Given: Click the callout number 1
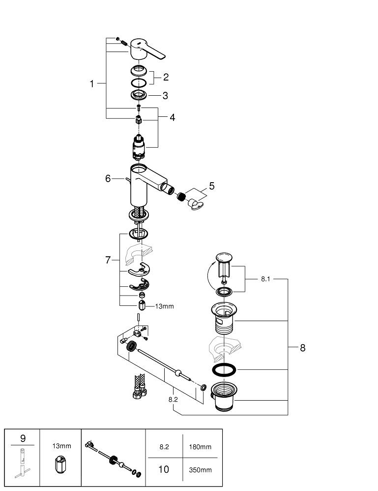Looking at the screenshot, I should pyautogui.click(x=91, y=84).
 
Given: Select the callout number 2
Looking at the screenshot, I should pyautogui.click(x=166, y=77).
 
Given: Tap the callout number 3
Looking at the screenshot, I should pyautogui.click(x=166, y=95).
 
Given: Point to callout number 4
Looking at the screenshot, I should pyautogui.click(x=172, y=117).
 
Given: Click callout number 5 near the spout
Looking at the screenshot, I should pyautogui.click(x=211, y=186).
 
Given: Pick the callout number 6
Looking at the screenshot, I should pyautogui.click(x=108, y=179).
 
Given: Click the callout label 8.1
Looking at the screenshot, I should pyautogui.click(x=265, y=278).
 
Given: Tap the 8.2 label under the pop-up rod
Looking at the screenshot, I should pyautogui.click(x=173, y=400).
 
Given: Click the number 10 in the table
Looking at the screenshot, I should pyautogui.click(x=164, y=469).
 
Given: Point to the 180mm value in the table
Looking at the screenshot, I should pyautogui.click(x=201, y=447).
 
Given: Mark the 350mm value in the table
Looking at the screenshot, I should pyautogui.click(x=201, y=470).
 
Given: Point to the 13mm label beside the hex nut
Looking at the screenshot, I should pyautogui.click(x=165, y=306).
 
